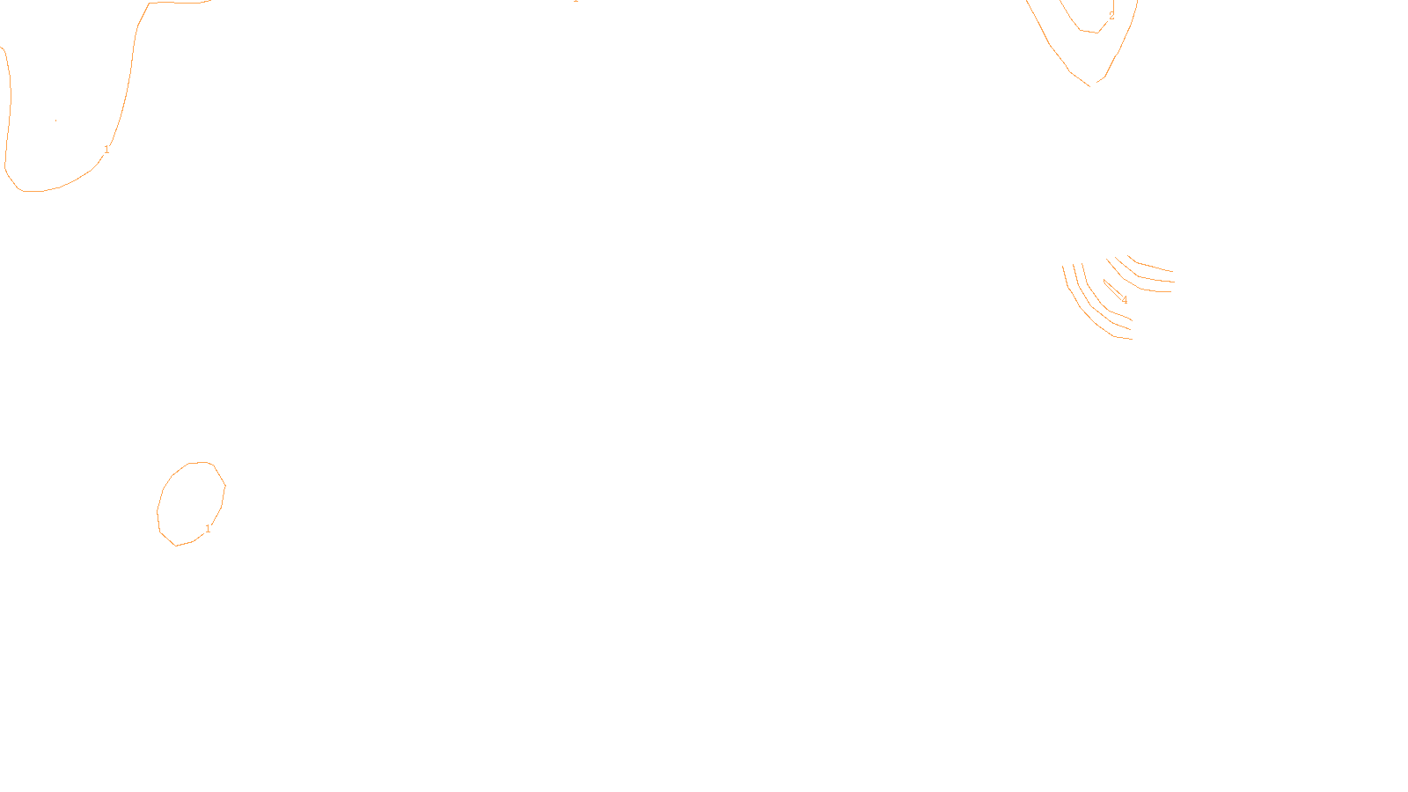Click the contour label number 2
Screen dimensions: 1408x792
(x=1111, y=16)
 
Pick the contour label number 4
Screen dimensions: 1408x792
(x=1125, y=300)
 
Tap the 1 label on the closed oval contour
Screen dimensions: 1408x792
(x=208, y=529)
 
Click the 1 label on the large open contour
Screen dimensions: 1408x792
(x=106, y=150)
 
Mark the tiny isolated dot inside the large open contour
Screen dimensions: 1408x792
(x=56, y=121)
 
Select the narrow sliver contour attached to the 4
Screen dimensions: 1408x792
(x=1112, y=288)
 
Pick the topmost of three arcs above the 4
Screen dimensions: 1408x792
(x=1153, y=266)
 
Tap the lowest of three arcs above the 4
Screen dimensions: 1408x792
(x=1144, y=288)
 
